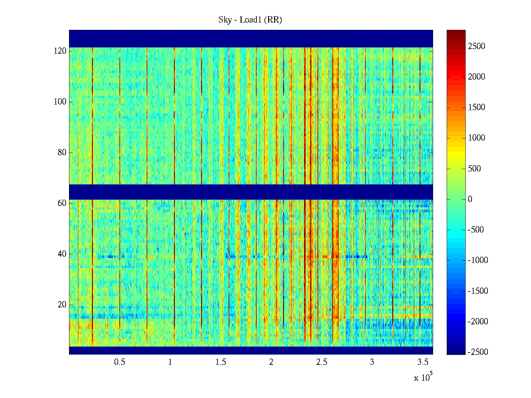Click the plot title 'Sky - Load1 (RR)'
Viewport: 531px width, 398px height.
(250, 20)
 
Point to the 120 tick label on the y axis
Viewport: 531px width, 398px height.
(60, 51)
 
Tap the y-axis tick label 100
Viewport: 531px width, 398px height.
(60, 102)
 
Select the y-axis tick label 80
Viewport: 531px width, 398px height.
(62, 153)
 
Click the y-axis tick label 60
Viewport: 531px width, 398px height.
(62, 203)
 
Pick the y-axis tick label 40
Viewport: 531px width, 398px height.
(62, 254)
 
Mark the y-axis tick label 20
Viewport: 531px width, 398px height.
(62, 305)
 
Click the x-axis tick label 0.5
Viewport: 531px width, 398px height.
(119, 362)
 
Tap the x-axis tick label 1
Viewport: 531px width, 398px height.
(170, 362)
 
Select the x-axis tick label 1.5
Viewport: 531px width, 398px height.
(220, 362)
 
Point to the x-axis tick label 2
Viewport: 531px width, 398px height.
(271, 362)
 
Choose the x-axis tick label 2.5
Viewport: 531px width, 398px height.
(322, 362)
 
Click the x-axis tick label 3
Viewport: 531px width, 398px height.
(372, 362)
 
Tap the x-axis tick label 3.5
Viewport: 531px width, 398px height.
(422, 362)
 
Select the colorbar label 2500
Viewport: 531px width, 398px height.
(477, 46)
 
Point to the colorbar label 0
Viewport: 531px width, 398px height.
(470, 199)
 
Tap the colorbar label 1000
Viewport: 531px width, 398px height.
(477, 138)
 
